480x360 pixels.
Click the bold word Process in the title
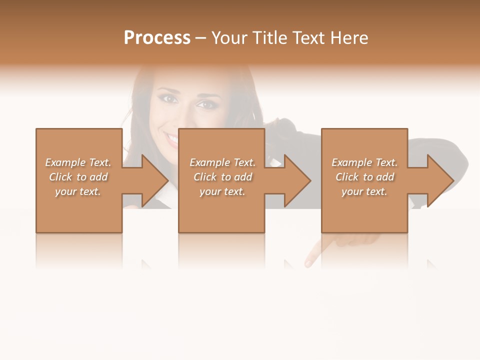(x=157, y=38)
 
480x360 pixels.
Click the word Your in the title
(x=230, y=38)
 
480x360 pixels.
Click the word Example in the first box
(x=65, y=162)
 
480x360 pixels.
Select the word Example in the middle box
(x=210, y=162)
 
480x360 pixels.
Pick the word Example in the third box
(x=352, y=162)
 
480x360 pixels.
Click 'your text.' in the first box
(x=78, y=191)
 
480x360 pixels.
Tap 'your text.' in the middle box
(x=222, y=191)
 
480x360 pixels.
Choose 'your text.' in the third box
(x=364, y=191)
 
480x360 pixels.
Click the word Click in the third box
(x=347, y=177)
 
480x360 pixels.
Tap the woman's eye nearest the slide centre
(x=204, y=105)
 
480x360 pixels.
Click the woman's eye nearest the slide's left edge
(x=169, y=98)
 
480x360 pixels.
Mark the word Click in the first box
(x=60, y=177)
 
